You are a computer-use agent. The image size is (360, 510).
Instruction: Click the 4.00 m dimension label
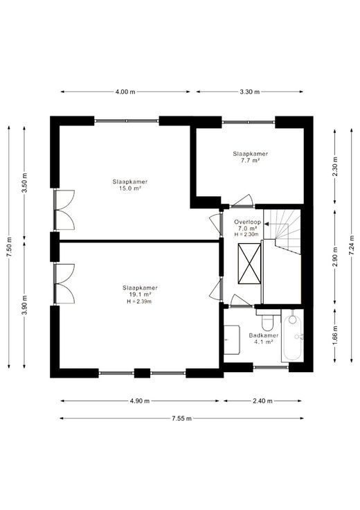point(125,91)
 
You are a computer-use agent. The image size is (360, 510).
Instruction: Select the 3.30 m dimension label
point(250,91)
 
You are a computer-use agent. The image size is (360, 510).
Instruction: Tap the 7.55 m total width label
point(181,419)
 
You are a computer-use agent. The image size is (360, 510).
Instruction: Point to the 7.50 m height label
point(10,247)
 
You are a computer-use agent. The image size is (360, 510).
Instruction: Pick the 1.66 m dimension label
point(335,335)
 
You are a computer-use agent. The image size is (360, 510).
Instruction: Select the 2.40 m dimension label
point(262,401)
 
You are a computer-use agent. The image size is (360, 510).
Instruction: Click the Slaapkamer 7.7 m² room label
point(250,157)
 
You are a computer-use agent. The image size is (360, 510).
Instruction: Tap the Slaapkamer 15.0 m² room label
point(130,185)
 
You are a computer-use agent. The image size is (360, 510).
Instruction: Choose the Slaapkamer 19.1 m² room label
point(140,291)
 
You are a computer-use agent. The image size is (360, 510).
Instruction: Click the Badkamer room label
point(264,335)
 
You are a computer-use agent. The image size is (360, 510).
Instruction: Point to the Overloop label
point(248,222)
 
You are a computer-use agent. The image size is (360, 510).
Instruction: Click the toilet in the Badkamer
point(268,319)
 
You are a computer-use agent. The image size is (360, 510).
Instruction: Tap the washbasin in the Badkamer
point(232,340)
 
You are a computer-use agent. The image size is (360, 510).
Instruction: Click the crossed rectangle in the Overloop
point(249,263)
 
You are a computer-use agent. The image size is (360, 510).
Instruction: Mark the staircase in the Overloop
point(282,231)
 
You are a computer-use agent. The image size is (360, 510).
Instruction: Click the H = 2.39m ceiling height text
point(139,301)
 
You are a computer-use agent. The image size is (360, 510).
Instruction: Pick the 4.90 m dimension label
point(140,401)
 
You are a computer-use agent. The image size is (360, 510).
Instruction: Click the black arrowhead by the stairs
point(266,224)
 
